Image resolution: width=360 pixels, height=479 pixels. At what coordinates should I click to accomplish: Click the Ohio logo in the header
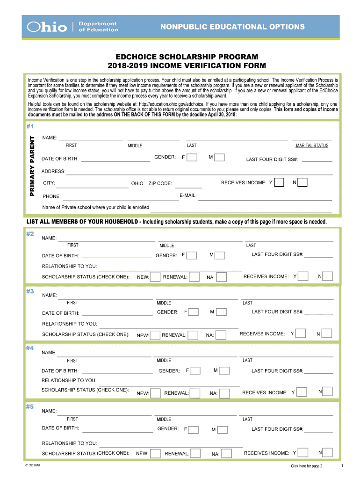(x=47, y=27)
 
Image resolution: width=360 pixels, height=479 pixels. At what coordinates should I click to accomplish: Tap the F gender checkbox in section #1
(x=192, y=158)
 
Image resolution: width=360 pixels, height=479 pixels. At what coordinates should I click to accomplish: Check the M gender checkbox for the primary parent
(x=219, y=158)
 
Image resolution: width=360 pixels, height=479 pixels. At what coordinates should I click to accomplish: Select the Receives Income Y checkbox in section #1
(x=279, y=182)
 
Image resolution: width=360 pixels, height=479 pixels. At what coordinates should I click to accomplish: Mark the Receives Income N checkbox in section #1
(x=302, y=182)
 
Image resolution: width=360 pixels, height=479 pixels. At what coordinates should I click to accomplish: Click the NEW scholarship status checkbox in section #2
(x=155, y=277)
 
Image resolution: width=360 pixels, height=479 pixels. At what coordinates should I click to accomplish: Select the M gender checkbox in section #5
(x=223, y=429)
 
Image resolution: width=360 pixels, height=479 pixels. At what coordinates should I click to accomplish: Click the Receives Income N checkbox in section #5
(x=328, y=452)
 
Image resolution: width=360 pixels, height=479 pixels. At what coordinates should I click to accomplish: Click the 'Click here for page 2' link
(x=306, y=466)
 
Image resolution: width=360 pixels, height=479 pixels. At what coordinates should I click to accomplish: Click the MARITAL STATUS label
(x=312, y=145)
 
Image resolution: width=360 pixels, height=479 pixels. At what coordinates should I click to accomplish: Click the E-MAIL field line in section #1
(x=265, y=198)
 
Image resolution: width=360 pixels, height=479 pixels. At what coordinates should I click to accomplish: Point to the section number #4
(x=30, y=348)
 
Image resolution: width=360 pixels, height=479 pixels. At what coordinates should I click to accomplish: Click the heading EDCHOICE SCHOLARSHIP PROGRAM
(x=180, y=57)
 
